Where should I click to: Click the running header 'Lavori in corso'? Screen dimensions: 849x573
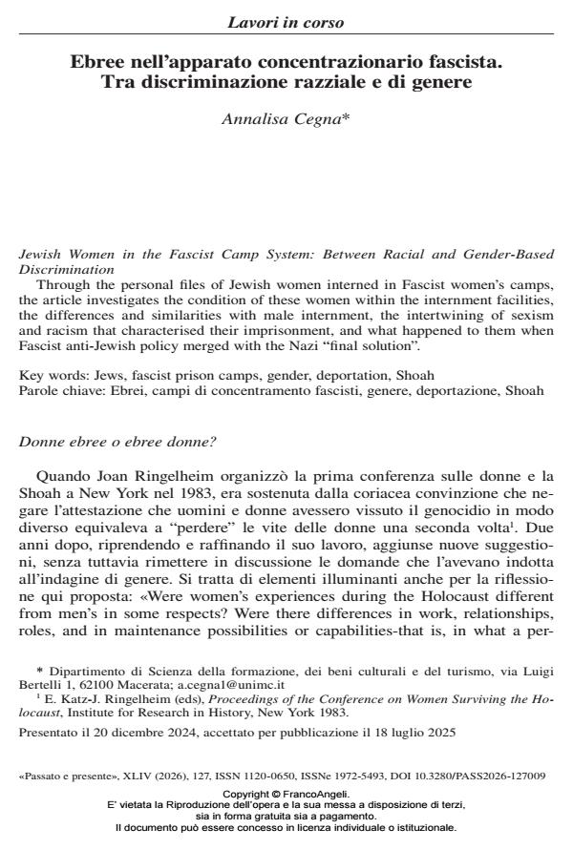click(286, 22)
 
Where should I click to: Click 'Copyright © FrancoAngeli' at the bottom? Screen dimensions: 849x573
click(286, 794)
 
